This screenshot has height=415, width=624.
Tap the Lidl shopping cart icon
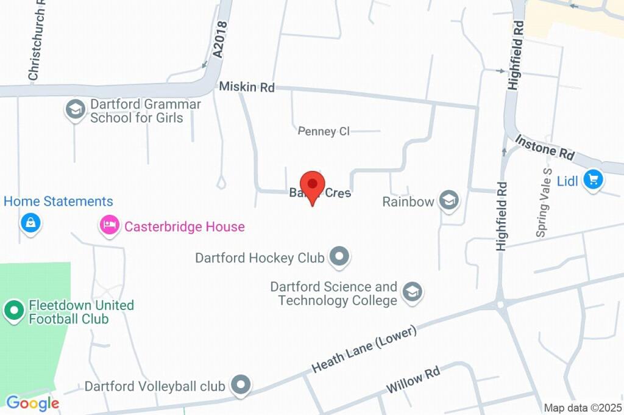pyautogui.click(x=593, y=179)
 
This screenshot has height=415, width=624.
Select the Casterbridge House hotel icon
pyautogui.click(x=109, y=226)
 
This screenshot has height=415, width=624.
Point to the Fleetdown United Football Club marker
pyautogui.click(x=13, y=311)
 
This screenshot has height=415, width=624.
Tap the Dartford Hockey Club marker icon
pyautogui.click(x=339, y=258)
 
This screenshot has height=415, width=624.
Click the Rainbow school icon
pyautogui.click(x=449, y=201)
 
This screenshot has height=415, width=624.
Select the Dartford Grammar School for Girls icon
pyautogui.click(x=75, y=110)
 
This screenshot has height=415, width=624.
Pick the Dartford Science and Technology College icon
pyautogui.click(x=413, y=292)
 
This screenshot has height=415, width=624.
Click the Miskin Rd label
pyautogui.click(x=247, y=87)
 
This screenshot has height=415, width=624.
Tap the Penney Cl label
pyautogui.click(x=324, y=131)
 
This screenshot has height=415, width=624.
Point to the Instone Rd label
pyautogui.click(x=545, y=148)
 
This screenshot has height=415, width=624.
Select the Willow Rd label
pyautogui.click(x=413, y=380)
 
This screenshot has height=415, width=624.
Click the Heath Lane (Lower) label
pyautogui.click(x=364, y=349)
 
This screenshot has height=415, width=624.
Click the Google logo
pyautogui.click(x=32, y=403)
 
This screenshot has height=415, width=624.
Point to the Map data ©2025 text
pyautogui.click(x=583, y=408)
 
